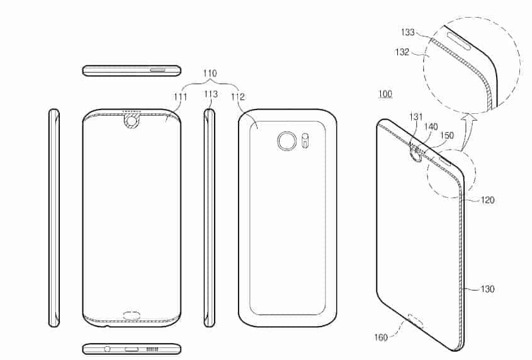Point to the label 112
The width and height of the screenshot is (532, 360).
pyautogui.click(x=237, y=96)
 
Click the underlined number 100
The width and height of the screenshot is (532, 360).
pyautogui.click(x=385, y=94)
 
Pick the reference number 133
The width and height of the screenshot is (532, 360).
pyautogui.click(x=408, y=31)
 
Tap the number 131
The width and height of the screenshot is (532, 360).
pyautogui.click(x=417, y=116)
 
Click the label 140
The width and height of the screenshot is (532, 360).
pyautogui.click(x=431, y=127)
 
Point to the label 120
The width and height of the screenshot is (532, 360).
pyautogui.click(x=487, y=200)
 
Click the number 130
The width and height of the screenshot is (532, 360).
pyautogui.click(x=487, y=290)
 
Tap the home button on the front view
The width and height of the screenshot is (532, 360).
pyautogui.click(x=132, y=314)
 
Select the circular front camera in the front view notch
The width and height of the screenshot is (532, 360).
pyautogui.click(x=132, y=120)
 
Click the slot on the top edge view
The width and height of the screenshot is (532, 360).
pyautogui.click(x=157, y=70)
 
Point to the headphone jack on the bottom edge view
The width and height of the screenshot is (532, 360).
pyautogui.click(x=106, y=349)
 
